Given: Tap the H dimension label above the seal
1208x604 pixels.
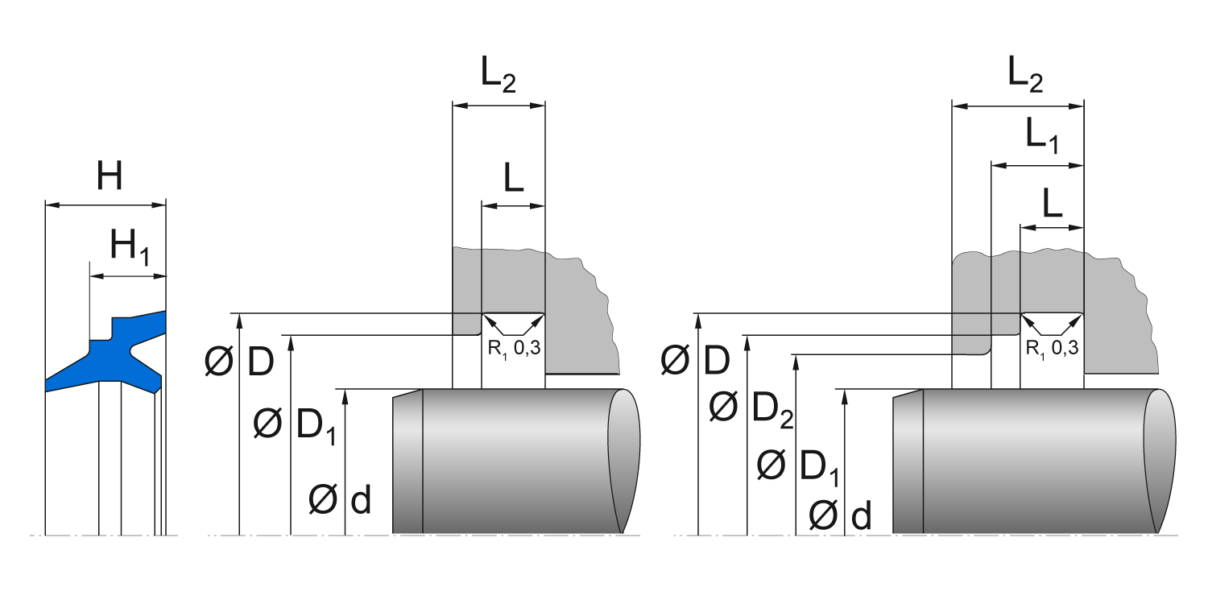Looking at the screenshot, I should (110, 176).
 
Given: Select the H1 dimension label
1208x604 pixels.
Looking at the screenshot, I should (129, 246).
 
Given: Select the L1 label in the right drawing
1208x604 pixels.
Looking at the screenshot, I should (1041, 134).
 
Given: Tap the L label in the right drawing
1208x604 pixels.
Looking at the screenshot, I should (1052, 205).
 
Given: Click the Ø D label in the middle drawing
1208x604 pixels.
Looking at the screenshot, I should (239, 363).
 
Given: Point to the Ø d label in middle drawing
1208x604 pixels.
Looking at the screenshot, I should (339, 501).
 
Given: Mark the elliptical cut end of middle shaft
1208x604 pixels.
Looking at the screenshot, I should (623, 460).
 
